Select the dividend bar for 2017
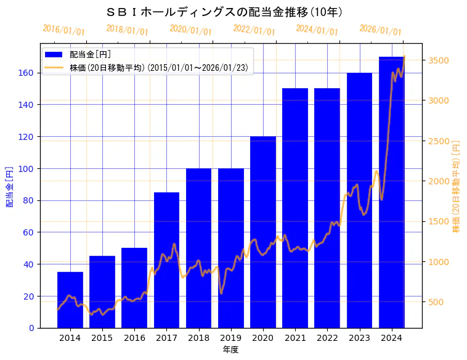pyautogui.click(x=166, y=260)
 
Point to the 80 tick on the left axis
pyautogui.click(x=29, y=200)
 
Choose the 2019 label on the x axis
pyautogui.click(x=231, y=337)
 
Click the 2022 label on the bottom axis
pyautogui.click(x=327, y=337)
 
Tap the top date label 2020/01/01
pyautogui.click(x=190, y=30)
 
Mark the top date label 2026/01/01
pyautogui.click(x=380, y=30)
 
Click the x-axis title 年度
pyautogui.click(x=230, y=350)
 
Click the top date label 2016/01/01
pyautogui.click(x=63, y=30)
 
